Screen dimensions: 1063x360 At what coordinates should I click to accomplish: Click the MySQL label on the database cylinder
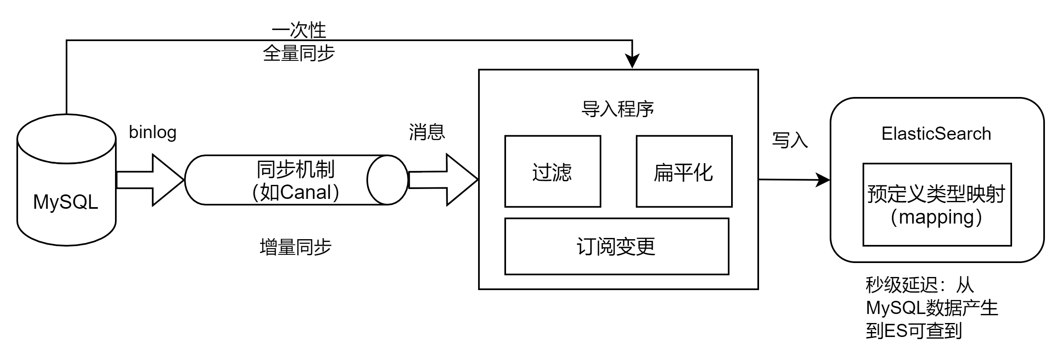pos(66,202)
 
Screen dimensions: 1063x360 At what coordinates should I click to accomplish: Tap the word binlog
pos(153,132)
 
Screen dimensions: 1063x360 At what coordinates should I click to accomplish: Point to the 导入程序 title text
pos(618,109)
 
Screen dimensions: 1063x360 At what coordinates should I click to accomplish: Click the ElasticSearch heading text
pos(936,133)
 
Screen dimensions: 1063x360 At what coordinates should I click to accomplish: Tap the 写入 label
pos(790,140)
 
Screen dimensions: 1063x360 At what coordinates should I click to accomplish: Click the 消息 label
pos(427,132)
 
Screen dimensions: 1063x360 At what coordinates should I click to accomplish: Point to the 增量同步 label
pos(295,247)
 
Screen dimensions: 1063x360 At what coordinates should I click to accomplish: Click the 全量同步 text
pos(299,53)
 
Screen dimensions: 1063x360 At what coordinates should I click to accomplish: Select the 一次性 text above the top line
pos(299,30)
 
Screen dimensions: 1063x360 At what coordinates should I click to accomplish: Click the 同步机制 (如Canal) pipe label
pos(295,180)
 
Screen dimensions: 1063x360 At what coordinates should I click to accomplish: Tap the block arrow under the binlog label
pos(150,180)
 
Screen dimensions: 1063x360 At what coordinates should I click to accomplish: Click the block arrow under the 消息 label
pos(443,180)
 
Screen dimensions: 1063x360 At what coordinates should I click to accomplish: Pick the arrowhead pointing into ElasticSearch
pos(823,180)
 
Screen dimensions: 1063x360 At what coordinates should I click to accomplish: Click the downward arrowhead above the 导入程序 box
pos(632,61)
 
